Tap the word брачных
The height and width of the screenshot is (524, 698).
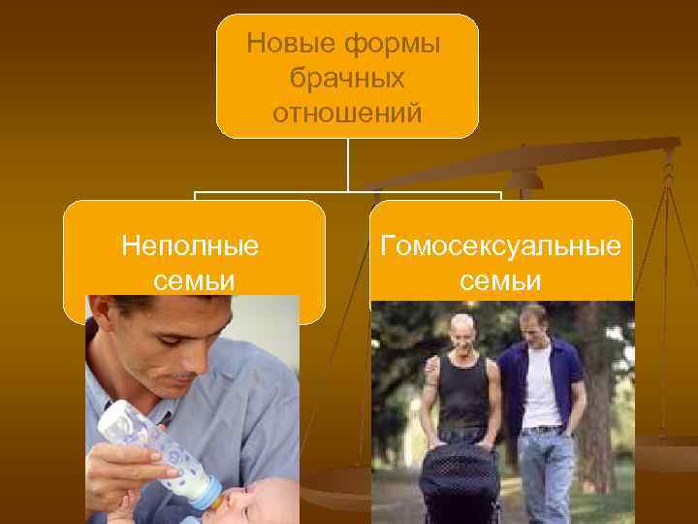[346, 79]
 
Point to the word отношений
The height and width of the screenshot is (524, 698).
[347, 114]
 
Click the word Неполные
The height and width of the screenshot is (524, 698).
[191, 246]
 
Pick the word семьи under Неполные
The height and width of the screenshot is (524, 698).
[194, 280]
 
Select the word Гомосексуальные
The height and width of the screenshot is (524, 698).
[500, 246]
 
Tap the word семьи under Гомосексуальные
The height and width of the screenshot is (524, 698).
[500, 280]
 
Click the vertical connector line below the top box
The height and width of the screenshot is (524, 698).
[347, 165]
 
